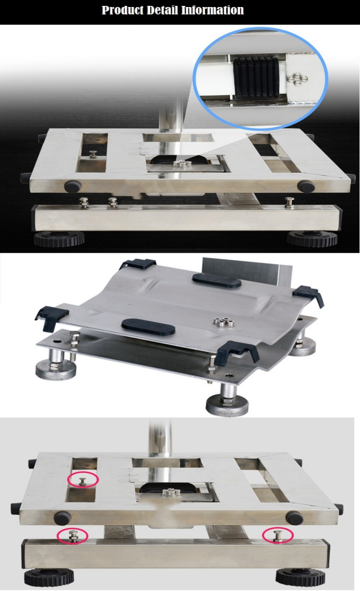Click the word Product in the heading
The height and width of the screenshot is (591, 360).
click(123, 10)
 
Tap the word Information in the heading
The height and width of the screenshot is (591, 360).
click(212, 10)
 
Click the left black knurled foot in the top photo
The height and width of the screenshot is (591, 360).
click(59, 239)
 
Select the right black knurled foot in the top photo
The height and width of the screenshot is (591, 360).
click(312, 238)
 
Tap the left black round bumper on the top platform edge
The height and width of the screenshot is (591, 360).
click(73, 186)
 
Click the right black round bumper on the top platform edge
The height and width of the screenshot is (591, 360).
click(306, 186)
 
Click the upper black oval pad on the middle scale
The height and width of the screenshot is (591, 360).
click(217, 281)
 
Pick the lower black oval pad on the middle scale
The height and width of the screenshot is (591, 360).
click(148, 326)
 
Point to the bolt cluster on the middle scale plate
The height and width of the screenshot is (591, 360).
click(224, 323)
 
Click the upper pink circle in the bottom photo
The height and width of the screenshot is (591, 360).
click(83, 480)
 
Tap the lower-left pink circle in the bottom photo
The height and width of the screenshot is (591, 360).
click(72, 535)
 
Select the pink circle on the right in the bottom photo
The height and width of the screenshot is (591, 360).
click(278, 535)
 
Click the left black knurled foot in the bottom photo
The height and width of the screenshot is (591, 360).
click(49, 577)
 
